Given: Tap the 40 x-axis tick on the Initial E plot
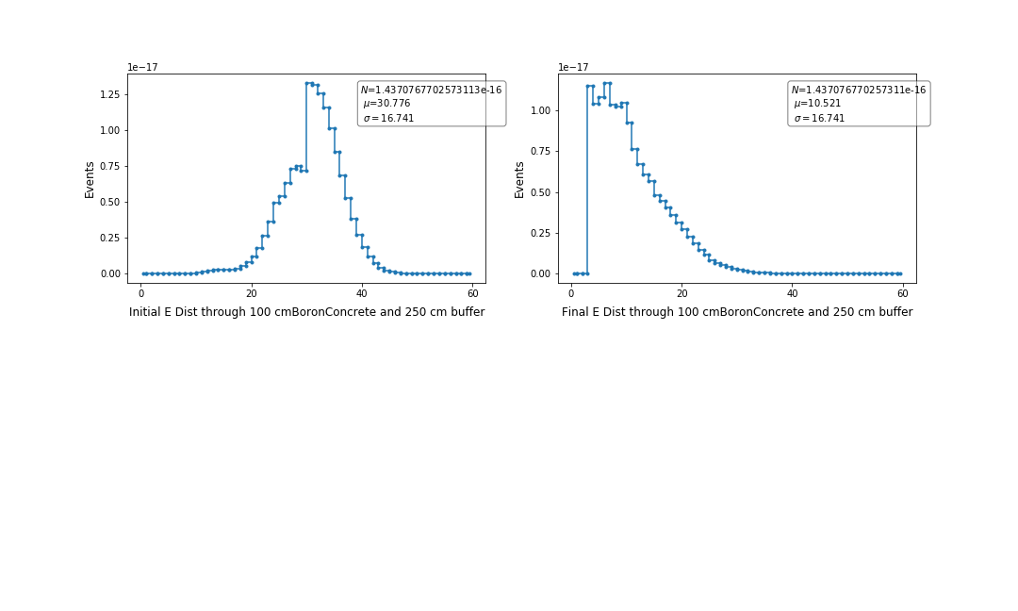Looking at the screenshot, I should (362, 293).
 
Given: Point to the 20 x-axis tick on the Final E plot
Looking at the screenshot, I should (681, 293).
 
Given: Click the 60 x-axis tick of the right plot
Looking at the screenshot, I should (902, 293).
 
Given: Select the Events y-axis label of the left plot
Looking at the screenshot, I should (90, 179).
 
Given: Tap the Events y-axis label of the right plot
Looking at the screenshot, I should (519, 179).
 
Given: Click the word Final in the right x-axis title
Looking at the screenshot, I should (576, 312).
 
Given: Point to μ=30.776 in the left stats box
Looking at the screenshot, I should (386, 104).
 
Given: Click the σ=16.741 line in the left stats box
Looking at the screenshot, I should (387, 119).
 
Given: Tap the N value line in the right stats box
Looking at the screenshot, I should (858, 90).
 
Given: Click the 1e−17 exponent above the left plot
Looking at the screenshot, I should (142, 67).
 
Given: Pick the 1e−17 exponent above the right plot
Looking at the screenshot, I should (573, 67).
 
